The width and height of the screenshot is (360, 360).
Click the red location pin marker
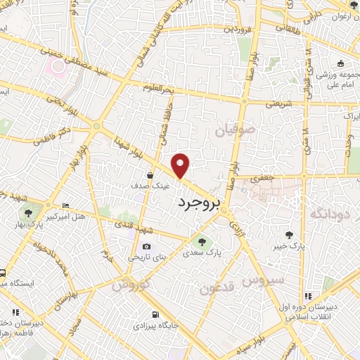point(181,166)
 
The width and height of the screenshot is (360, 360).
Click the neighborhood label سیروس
point(265,280)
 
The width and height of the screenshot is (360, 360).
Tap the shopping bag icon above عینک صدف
point(150,176)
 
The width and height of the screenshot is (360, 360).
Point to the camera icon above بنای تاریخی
point(146,246)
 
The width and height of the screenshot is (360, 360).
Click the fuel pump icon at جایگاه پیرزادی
point(155,314)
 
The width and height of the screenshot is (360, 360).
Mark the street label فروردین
point(237,30)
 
